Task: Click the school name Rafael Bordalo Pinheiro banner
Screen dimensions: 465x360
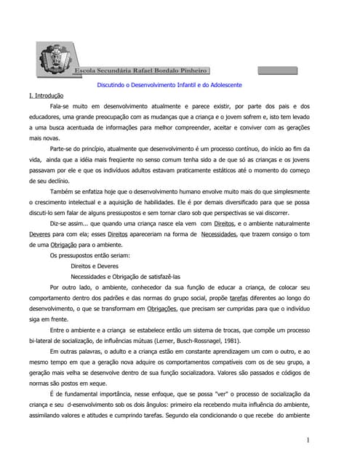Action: (143, 70)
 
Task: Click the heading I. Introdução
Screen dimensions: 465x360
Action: (46, 96)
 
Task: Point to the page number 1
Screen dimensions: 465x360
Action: (308, 440)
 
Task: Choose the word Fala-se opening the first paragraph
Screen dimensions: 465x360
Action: (62, 106)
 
